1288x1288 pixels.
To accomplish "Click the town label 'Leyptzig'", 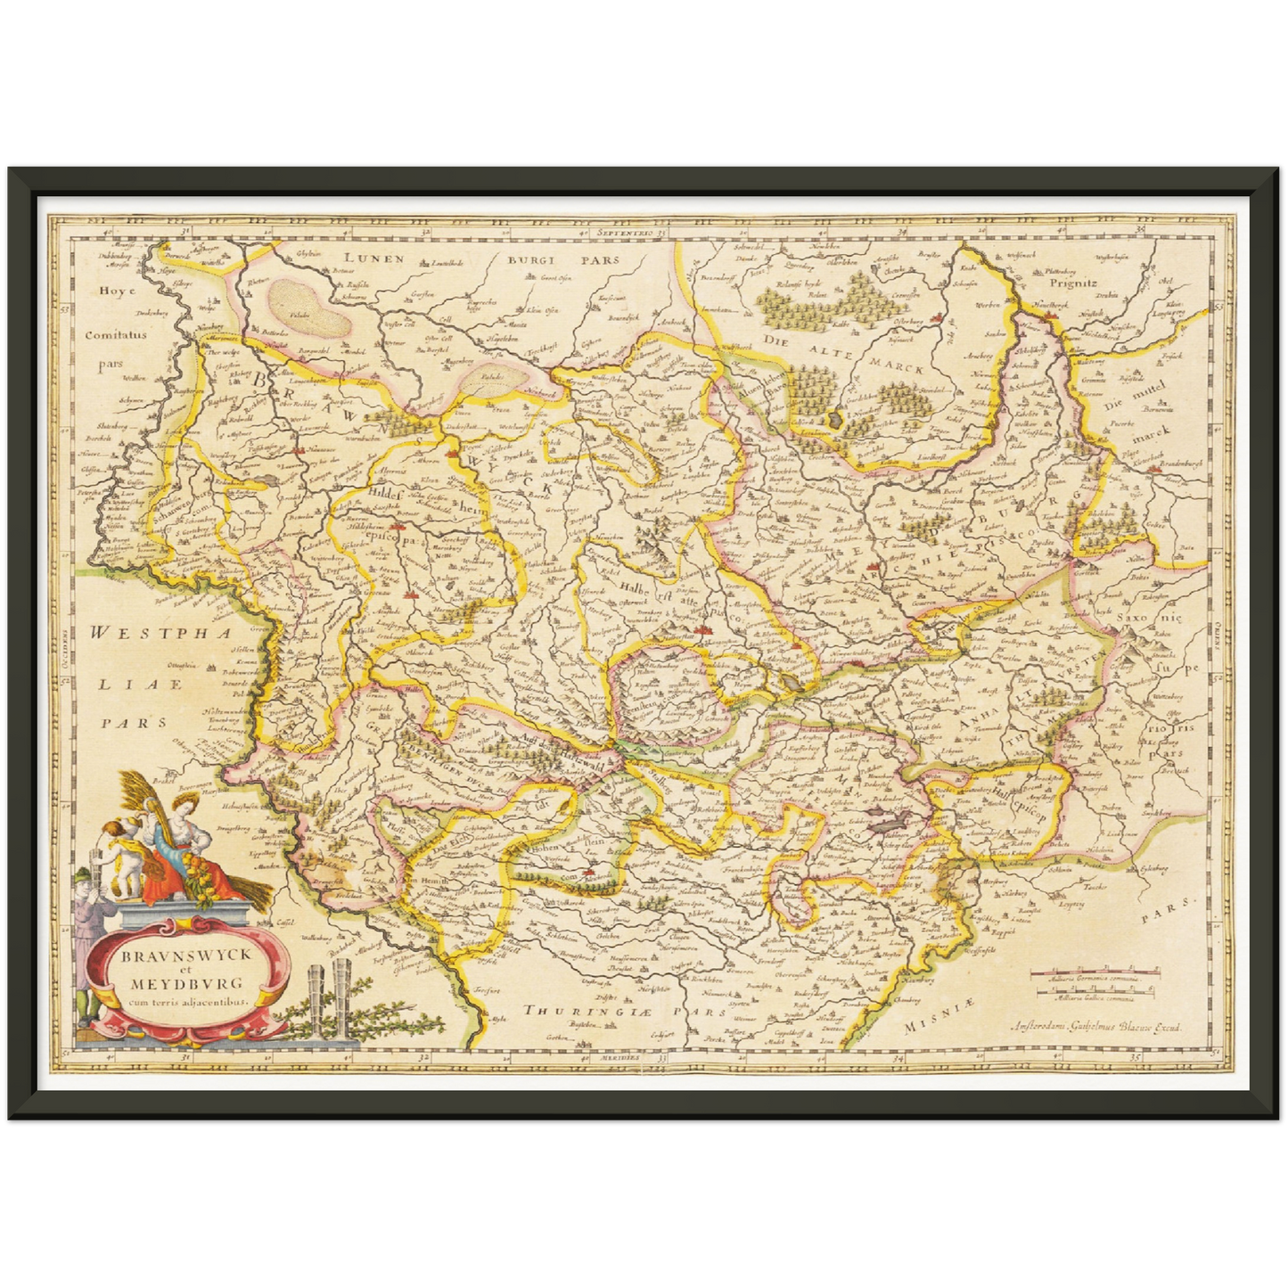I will click(x=1069, y=904).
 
